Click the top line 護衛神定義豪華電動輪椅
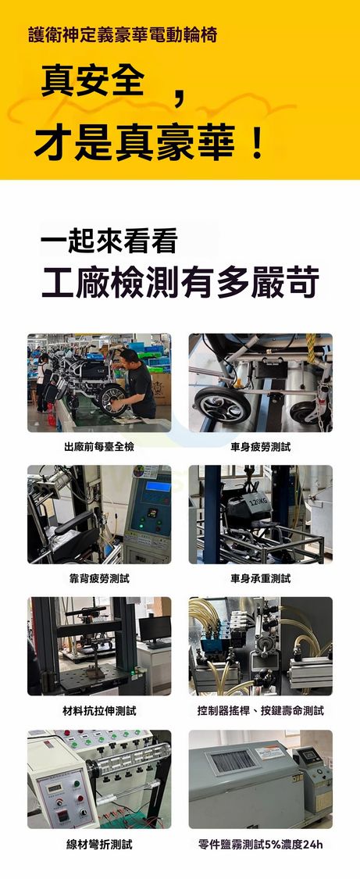pyautogui.click(x=122, y=35)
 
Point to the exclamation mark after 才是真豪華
pyautogui.click(x=257, y=145)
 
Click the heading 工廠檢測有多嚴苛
pyautogui.click(x=180, y=282)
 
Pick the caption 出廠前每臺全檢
pyautogui.click(x=99, y=447)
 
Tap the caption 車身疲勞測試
pyautogui.click(x=260, y=447)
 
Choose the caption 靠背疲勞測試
pyautogui.click(x=99, y=578)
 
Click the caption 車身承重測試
pyautogui.click(x=260, y=578)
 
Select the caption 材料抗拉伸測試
pyautogui.click(x=99, y=711)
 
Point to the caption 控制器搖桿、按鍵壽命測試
pyautogui.click(x=260, y=711)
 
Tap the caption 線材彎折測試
pyautogui.click(x=99, y=845)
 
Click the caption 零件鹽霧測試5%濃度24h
pyautogui.click(x=260, y=845)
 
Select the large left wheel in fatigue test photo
pyautogui.click(x=222, y=405)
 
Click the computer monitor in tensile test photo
pyautogui.click(x=155, y=629)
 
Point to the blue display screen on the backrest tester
pyautogui.click(x=158, y=486)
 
